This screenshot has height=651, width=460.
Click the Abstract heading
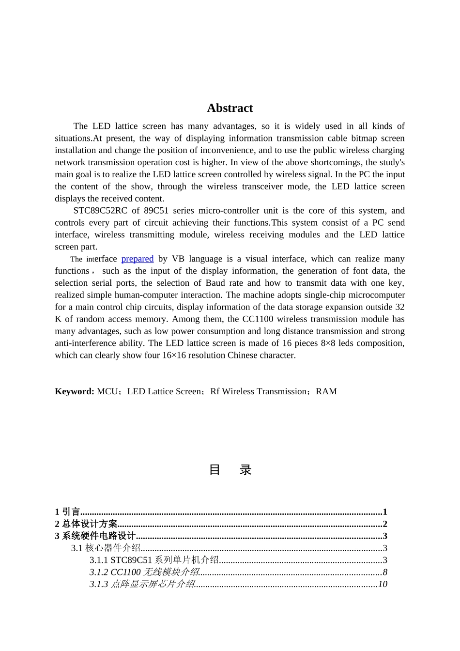(x=230, y=108)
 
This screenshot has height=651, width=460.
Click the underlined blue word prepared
(x=137, y=259)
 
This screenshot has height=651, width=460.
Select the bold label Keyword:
(x=74, y=391)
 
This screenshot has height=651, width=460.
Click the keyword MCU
(x=107, y=391)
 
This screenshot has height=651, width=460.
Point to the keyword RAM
(x=326, y=391)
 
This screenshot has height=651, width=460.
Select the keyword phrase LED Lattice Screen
(x=164, y=391)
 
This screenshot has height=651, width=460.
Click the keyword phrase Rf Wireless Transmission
(x=259, y=391)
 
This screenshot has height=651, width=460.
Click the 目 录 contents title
(x=230, y=470)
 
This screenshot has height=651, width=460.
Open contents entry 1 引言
(x=67, y=512)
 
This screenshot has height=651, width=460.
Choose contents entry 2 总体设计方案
(x=86, y=524)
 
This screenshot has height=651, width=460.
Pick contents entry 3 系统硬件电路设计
(x=95, y=536)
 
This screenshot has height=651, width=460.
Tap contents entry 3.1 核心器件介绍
(x=106, y=548)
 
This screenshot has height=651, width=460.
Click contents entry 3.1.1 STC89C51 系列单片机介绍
(x=154, y=560)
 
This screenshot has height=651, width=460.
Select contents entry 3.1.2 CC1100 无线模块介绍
(x=144, y=573)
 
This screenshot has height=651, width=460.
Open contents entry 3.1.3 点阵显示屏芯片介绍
(x=142, y=585)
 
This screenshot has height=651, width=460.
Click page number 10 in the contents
(x=383, y=585)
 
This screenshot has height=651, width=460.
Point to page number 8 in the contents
(x=385, y=573)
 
